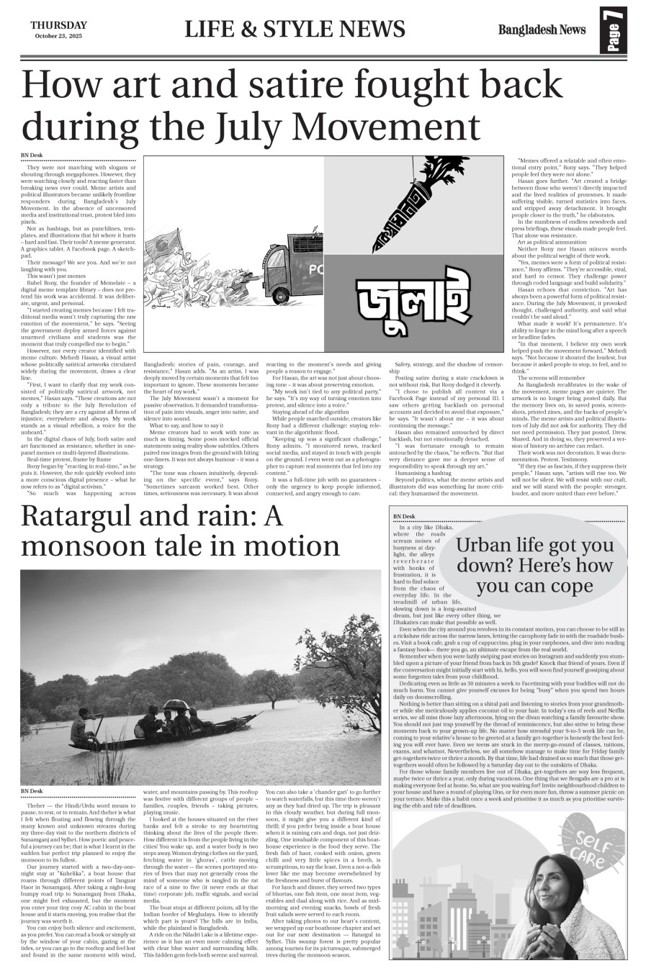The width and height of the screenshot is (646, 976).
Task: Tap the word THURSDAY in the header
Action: [58, 24]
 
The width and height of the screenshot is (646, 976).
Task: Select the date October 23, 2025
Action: [58, 36]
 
